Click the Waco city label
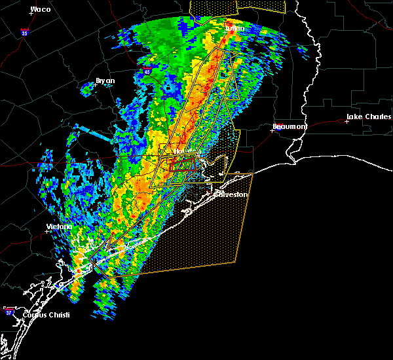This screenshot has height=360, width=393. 41,9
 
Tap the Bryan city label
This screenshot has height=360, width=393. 105,81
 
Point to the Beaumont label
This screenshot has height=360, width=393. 290,126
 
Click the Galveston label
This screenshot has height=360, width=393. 231,194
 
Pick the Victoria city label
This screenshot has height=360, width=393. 59,226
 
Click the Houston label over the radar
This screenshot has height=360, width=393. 179,152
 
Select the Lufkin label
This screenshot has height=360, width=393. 234,29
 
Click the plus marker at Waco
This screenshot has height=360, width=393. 31,14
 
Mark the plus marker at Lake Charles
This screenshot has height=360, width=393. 346,121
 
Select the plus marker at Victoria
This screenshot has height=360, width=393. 47,231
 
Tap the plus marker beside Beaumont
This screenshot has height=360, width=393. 272,130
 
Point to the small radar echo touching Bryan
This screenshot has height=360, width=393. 88,87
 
